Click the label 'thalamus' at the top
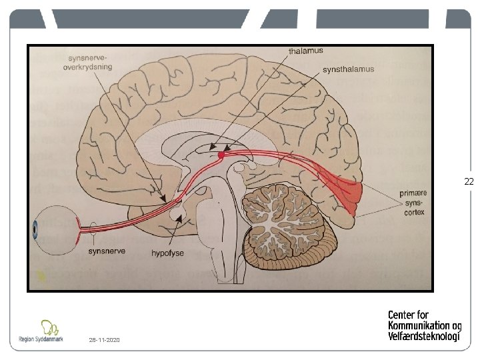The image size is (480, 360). [305, 51]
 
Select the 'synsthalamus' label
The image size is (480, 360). [348, 69]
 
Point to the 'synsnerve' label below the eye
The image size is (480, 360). [105, 253]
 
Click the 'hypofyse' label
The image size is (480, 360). [167, 253]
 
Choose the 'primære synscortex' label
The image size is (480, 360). [413, 203]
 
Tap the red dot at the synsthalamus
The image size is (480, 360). [221, 155]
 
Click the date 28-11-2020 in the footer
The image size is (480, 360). [104, 340]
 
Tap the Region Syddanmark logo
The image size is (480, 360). [41, 331]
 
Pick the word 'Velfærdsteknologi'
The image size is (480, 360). [423, 336]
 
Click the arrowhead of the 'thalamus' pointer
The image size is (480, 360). [211, 149]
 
